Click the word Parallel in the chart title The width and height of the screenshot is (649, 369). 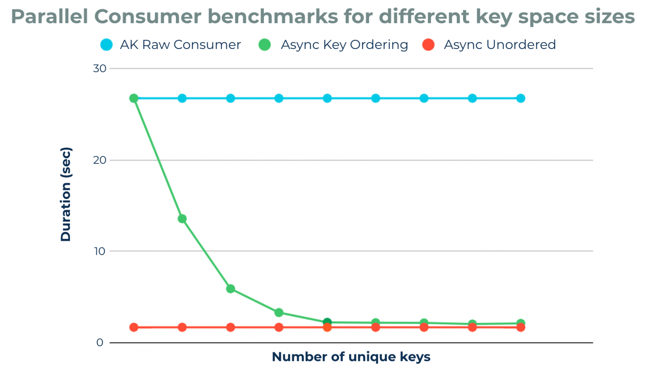[49, 17]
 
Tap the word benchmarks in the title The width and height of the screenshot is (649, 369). [273, 17]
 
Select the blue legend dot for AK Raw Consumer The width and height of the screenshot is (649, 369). [106, 45]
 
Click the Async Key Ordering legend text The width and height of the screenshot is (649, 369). [344, 45]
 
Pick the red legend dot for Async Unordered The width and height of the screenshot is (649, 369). [428, 45]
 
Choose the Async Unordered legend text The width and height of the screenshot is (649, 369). [500, 45]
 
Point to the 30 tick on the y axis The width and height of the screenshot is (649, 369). [100, 68]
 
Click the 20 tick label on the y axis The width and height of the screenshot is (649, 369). [100, 160]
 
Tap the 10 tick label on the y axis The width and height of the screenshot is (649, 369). [100, 251]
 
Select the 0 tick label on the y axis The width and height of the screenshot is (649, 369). [100, 342]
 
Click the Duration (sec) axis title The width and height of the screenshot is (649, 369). [66, 194]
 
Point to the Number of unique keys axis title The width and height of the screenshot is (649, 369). [351, 357]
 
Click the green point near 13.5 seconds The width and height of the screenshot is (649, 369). [182, 219]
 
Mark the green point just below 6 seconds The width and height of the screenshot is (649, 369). [231, 289]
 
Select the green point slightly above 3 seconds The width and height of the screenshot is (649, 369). [279, 313]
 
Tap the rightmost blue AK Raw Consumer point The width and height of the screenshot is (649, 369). [521, 98]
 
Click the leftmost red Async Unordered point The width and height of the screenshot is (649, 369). [134, 327]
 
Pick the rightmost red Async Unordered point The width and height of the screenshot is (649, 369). [521, 327]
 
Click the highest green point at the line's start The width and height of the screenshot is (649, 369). [134, 98]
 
